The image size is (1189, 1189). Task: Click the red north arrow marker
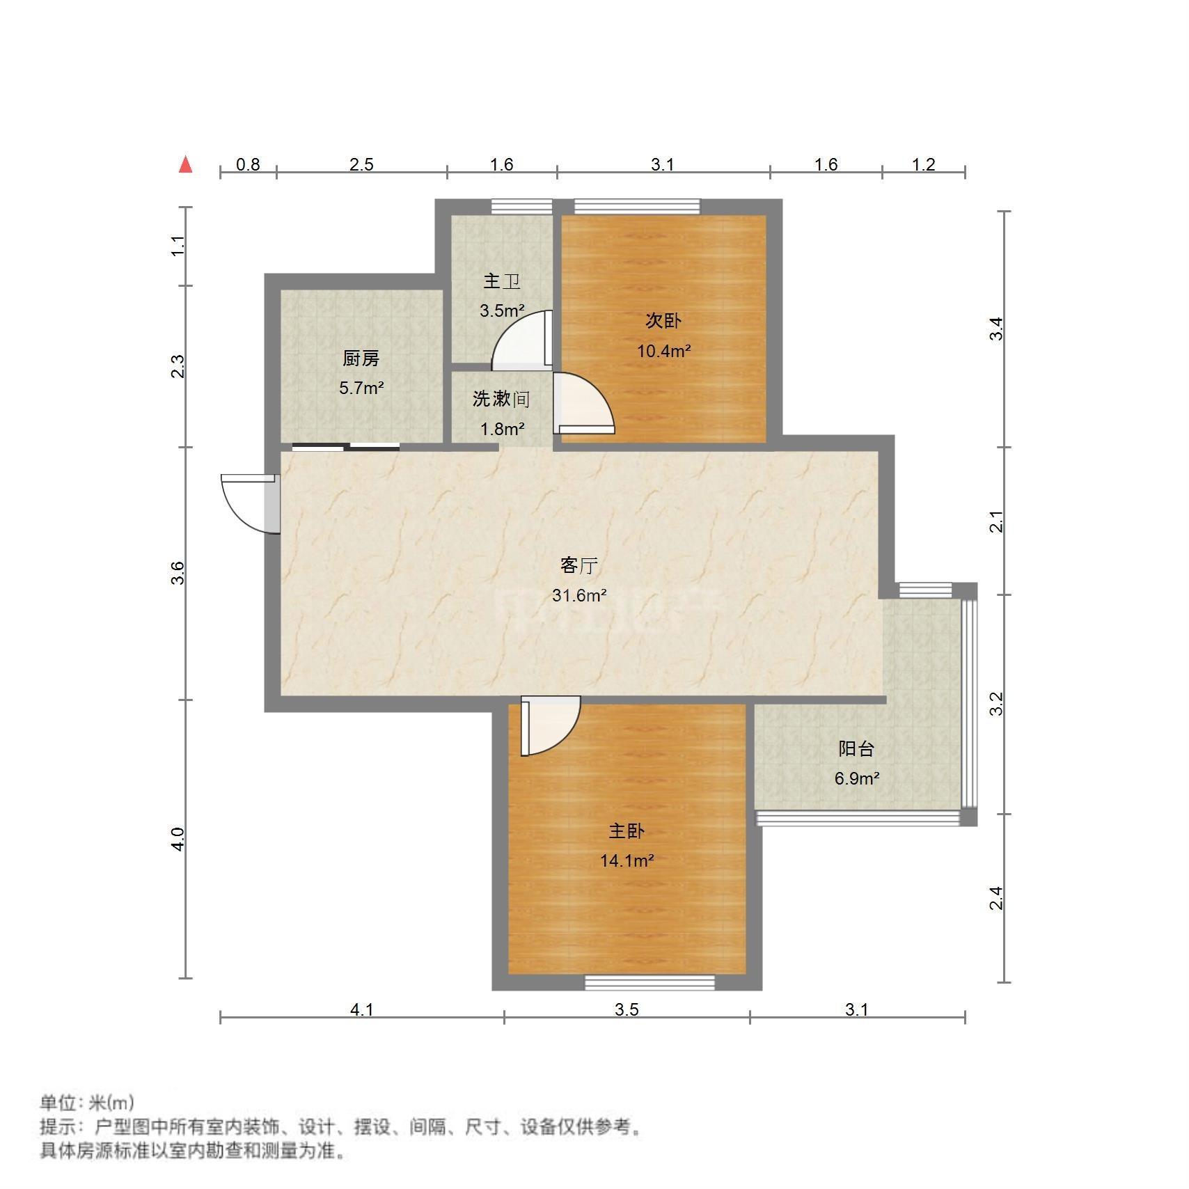185,165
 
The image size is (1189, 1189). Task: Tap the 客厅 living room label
579,566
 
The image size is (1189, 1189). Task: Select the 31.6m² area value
579,596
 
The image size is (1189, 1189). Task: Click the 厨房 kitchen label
361,359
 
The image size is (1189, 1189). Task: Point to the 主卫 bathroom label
502,282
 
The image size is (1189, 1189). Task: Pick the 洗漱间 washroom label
501,400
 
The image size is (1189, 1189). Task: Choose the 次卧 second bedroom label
663,321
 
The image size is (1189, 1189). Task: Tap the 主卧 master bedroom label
627,831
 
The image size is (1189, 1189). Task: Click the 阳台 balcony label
856,749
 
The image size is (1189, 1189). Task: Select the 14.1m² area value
627,861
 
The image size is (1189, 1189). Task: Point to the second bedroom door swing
583,404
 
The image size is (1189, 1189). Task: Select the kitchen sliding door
346,447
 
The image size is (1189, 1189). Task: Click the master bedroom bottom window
649,982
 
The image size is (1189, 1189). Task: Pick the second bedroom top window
637,206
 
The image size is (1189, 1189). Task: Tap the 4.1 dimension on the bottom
362,1009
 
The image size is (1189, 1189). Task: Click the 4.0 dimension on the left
178,839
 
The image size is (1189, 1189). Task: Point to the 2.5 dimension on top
361,165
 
